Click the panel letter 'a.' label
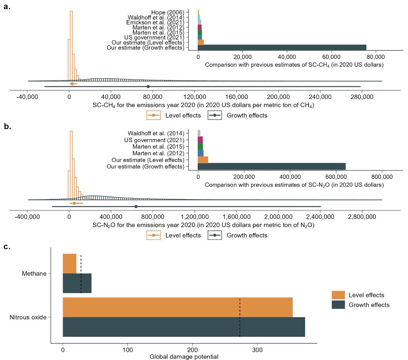(x=7, y=6)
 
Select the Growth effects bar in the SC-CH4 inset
(x=282, y=48)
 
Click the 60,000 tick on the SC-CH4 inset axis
(x=331, y=57)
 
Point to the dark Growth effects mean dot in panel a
(x=148, y=86)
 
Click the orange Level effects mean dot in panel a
(x=72, y=84)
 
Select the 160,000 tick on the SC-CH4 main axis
(x=236, y=97)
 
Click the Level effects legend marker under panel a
(x=154, y=115)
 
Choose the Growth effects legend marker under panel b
(x=215, y=235)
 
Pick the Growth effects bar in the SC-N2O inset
(x=271, y=166)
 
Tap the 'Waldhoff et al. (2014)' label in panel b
(x=156, y=133)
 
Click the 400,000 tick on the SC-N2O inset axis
(x=290, y=177)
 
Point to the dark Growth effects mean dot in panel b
(x=136, y=206)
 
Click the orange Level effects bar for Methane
(x=69, y=264)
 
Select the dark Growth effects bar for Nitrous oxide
(x=184, y=327)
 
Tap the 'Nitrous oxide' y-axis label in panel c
(x=28, y=317)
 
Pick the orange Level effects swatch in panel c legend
(x=338, y=295)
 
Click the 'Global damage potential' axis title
(x=184, y=356)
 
